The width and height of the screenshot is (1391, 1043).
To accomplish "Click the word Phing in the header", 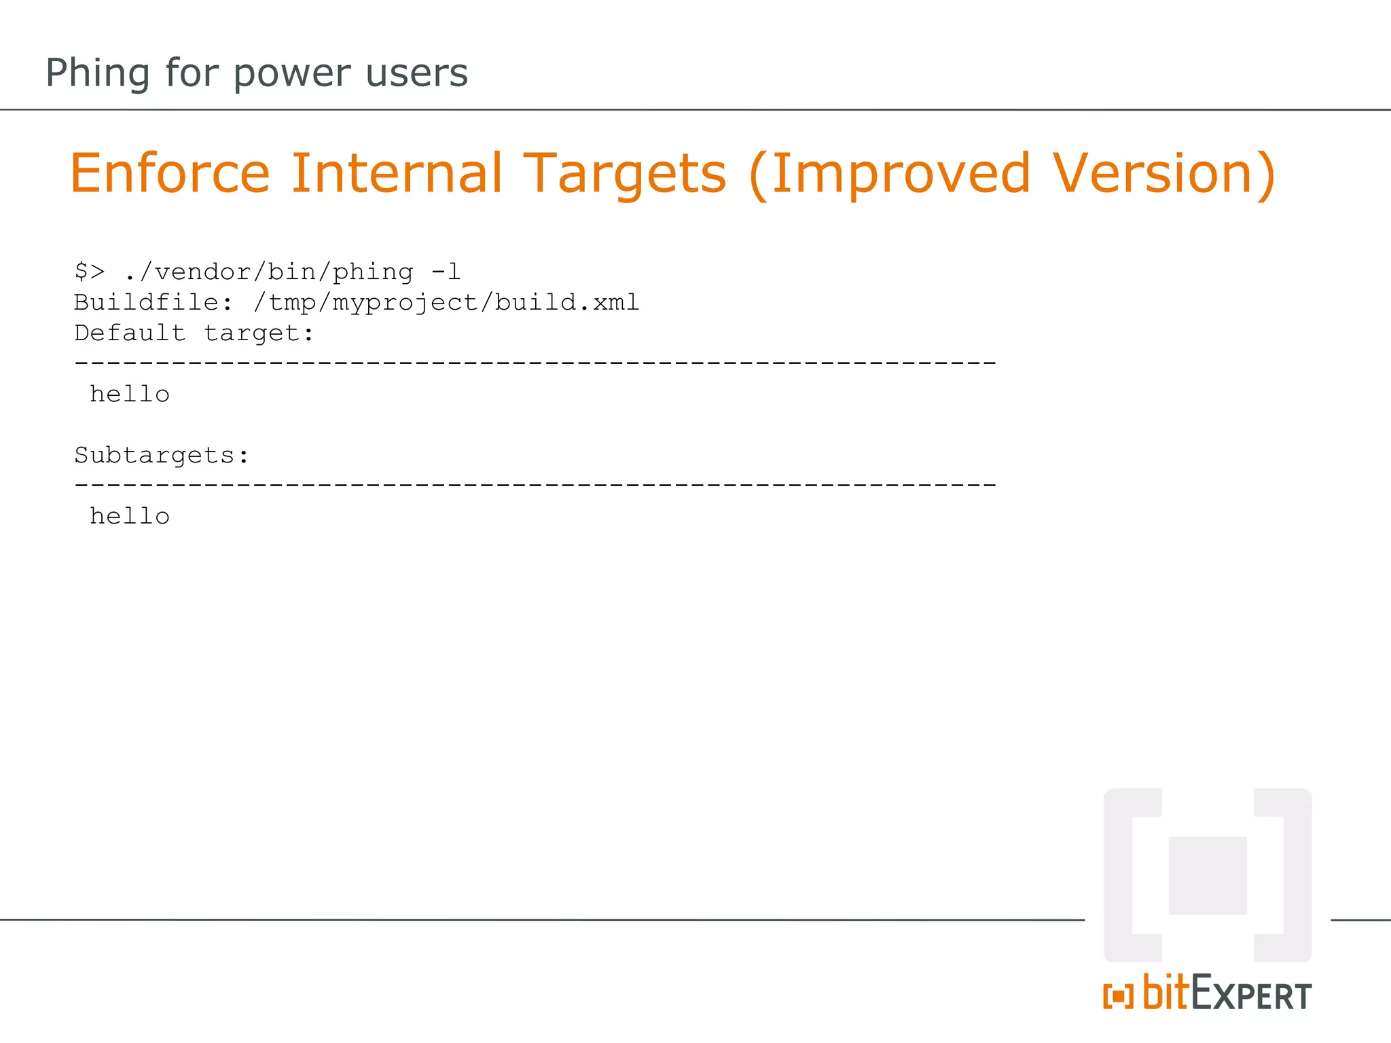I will (97, 73).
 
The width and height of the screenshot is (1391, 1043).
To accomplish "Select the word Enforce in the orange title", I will (170, 174).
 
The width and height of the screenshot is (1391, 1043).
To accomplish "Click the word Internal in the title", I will (397, 174).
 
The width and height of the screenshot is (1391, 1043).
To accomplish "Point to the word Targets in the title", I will (625, 174).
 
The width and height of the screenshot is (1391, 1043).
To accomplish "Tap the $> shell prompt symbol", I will (90, 272).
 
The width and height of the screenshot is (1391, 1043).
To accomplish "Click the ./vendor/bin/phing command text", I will (269, 272).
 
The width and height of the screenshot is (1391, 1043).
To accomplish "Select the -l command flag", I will (446, 272).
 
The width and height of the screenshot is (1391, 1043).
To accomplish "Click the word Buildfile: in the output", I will (153, 302).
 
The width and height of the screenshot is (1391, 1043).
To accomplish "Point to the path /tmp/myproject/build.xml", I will (446, 303).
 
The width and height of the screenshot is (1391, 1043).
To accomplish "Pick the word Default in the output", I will (130, 333).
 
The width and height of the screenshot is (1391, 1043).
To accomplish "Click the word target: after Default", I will (259, 333).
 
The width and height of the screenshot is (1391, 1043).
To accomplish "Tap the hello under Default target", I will (130, 394).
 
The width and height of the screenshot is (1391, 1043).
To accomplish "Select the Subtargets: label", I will (162, 456).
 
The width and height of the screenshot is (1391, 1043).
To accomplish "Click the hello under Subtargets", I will (130, 516).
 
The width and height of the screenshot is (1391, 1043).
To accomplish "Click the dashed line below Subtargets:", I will (535, 486).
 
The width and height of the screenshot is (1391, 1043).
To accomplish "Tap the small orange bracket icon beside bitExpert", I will (1118, 996).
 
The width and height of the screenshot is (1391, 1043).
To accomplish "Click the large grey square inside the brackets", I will (1208, 875).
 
